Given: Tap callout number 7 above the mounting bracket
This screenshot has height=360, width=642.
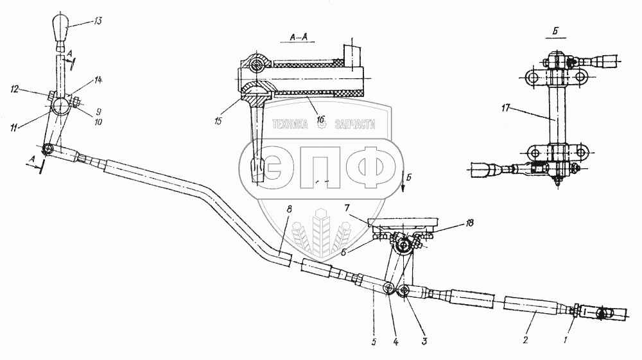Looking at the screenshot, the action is tap(347, 209).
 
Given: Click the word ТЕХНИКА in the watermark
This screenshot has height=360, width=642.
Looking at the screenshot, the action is tap(293, 126).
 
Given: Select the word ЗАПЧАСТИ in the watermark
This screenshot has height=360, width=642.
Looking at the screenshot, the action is tap(354, 126).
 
